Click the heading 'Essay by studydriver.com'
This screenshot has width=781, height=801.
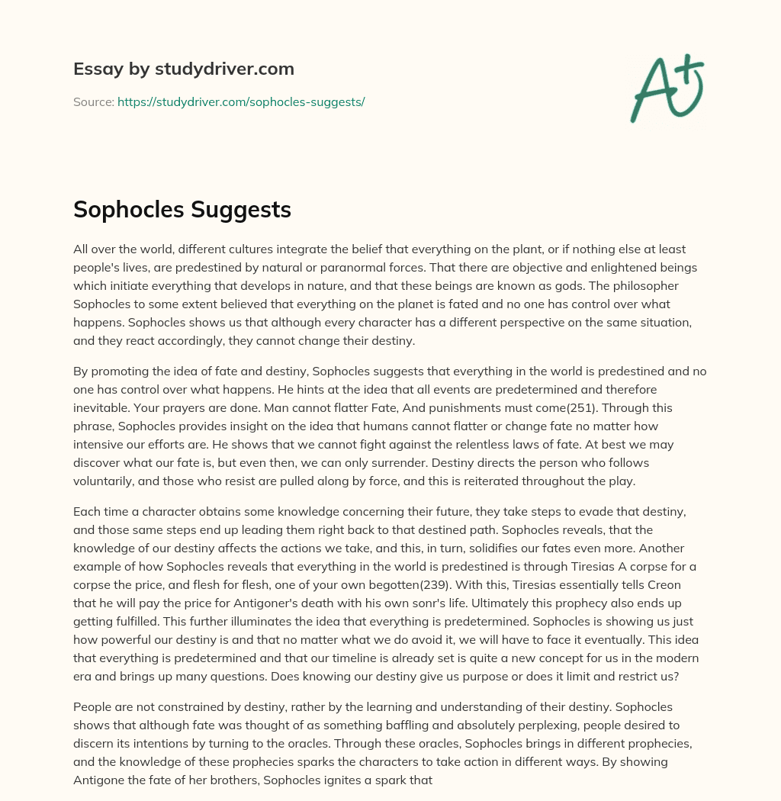click(x=183, y=69)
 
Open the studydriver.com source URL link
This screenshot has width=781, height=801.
click(x=241, y=101)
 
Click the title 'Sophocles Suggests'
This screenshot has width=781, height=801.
click(x=182, y=209)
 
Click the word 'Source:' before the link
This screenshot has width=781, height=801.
click(x=94, y=101)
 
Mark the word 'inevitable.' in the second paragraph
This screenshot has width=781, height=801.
click(x=99, y=408)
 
